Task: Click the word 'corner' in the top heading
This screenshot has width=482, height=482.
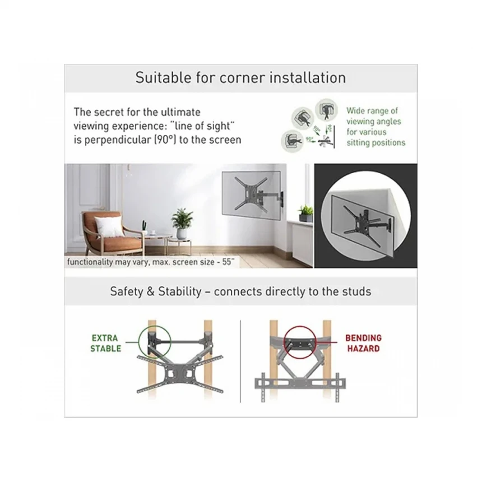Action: pyautogui.click(x=242, y=78)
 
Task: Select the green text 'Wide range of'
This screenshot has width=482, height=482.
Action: pyautogui.click(x=372, y=110)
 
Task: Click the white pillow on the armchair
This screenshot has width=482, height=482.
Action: pyautogui.click(x=109, y=226)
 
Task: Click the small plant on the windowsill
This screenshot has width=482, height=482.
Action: pyautogui.click(x=305, y=214)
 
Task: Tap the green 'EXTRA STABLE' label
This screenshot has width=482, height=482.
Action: pyautogui.click(x=105, y=343)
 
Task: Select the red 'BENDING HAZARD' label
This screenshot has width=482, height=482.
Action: pyautogui.click(x=363, y=343)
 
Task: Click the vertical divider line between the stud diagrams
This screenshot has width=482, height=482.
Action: pyautogui.click(x=240, y=361)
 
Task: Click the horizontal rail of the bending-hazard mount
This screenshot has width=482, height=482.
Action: pyautogui.click(x=300, y=383)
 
